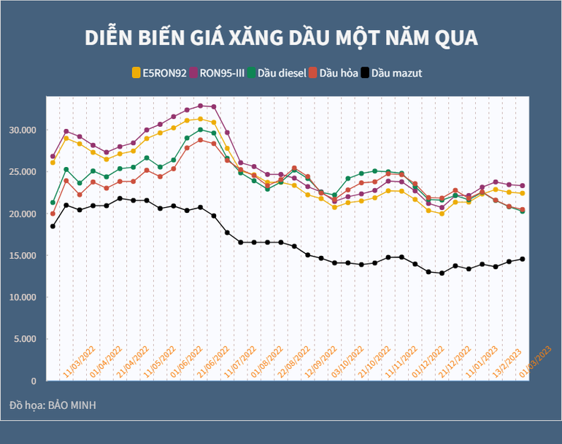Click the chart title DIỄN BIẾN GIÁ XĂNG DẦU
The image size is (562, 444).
281,38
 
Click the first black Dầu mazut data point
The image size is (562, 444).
53,226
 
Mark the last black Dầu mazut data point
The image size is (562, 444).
523,259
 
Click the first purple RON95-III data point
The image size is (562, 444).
53,156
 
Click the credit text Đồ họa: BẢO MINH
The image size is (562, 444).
53,405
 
